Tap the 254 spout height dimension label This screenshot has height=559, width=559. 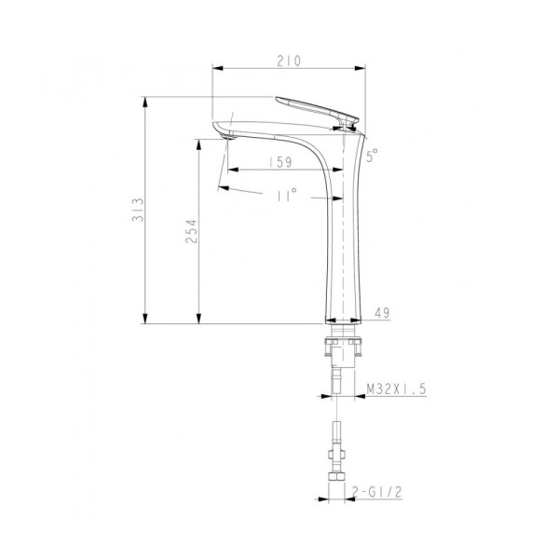point(191,233)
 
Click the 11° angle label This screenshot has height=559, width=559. point(286,196)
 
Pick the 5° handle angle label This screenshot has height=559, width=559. point(373,157)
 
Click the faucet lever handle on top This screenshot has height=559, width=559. point(317,107)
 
